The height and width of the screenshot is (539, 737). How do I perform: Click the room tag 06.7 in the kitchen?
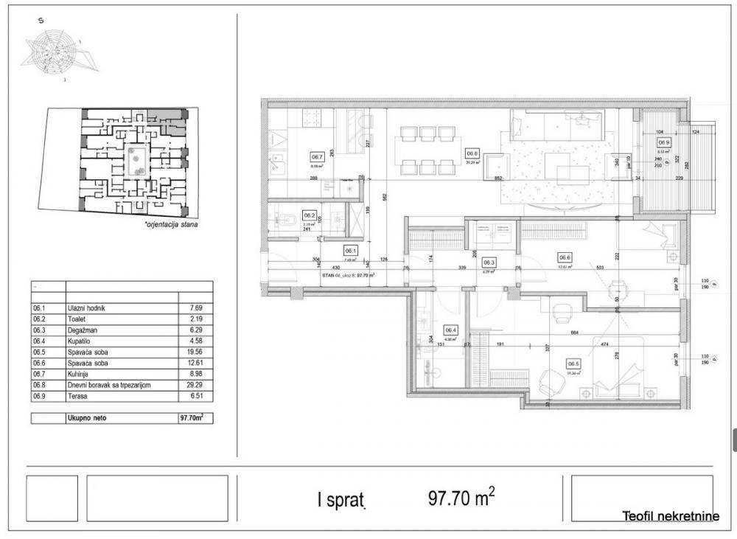[x=318, y=156]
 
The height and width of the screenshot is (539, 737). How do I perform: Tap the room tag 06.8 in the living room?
[x=472, y=154]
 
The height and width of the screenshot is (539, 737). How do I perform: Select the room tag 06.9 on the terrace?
[x=664, y=142]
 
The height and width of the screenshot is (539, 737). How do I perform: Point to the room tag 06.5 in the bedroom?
[x=573, y=363]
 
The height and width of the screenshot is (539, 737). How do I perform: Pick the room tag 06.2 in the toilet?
[x=310, y=216]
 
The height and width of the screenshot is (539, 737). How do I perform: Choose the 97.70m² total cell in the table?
[x=192, y=417]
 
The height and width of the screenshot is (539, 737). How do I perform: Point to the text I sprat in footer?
[x=340, y=501]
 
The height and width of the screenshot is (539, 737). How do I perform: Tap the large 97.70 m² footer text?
[x=461, y=499]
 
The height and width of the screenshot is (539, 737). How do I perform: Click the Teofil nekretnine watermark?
[x=670, y=517]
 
